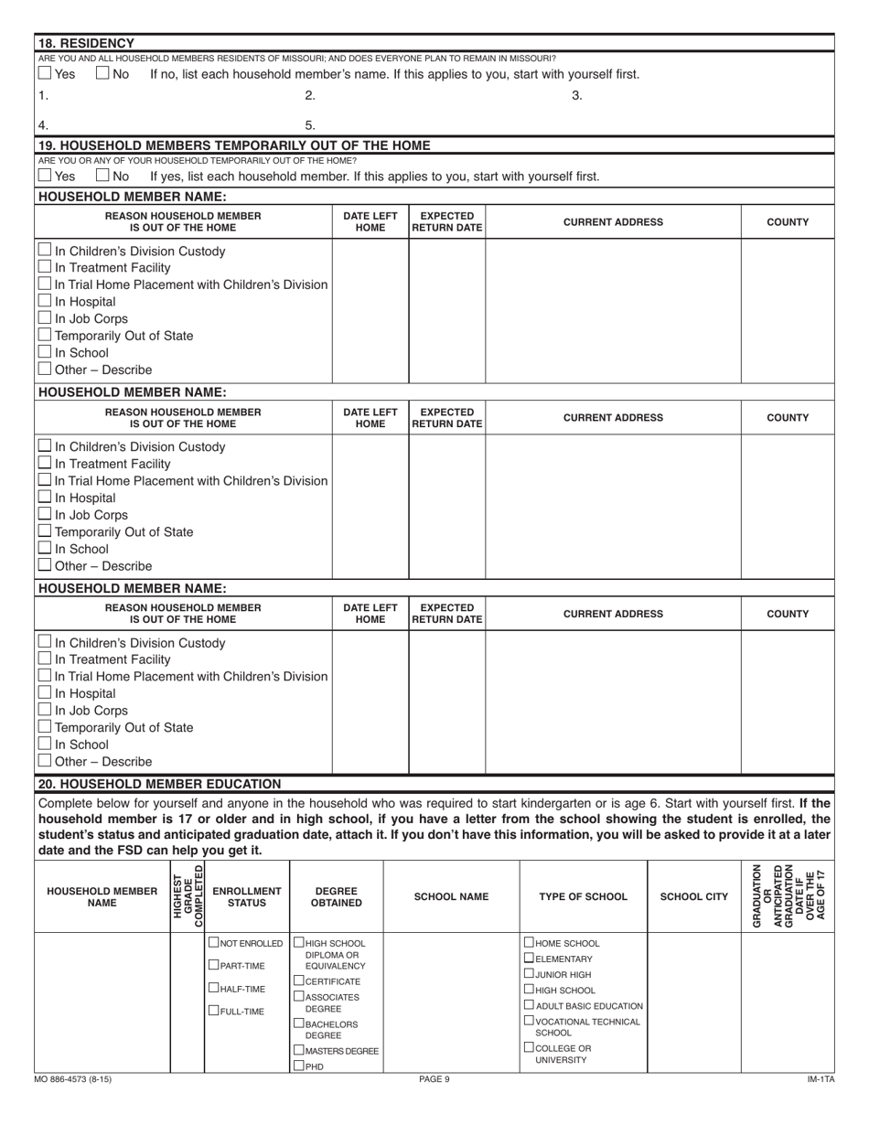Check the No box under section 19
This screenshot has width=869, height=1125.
[x=103, y=177]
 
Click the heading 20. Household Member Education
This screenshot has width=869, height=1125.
[x=159, y=784]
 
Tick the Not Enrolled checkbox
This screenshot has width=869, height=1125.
[x=215, y=943]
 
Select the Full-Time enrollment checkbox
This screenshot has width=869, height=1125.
[x=215, y=1011]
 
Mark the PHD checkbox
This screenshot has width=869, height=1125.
[x=299, y=1066]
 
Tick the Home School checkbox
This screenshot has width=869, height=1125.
[x=530, y=943]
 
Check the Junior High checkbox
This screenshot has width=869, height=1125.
[x=530, y=974]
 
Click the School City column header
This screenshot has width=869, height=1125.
[x=694, y=897]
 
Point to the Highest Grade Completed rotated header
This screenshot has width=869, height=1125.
[x=188, y=895]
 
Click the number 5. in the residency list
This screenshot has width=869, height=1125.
[x=309, y=125]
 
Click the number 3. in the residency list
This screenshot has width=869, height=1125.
[x=576, y=95]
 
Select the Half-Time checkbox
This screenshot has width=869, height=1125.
[x=215, y=988]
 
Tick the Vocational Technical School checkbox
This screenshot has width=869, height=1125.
[x=530, y=1021]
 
